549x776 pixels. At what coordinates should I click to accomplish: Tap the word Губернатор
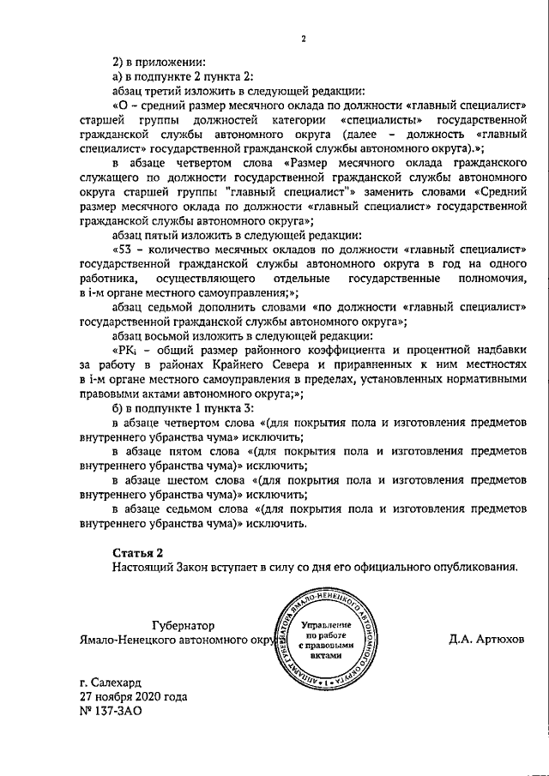(x=181, y=625)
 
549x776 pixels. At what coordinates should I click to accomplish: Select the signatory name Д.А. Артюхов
(x=486, y=639)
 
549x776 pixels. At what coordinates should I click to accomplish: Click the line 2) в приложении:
(x=159, y=61)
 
